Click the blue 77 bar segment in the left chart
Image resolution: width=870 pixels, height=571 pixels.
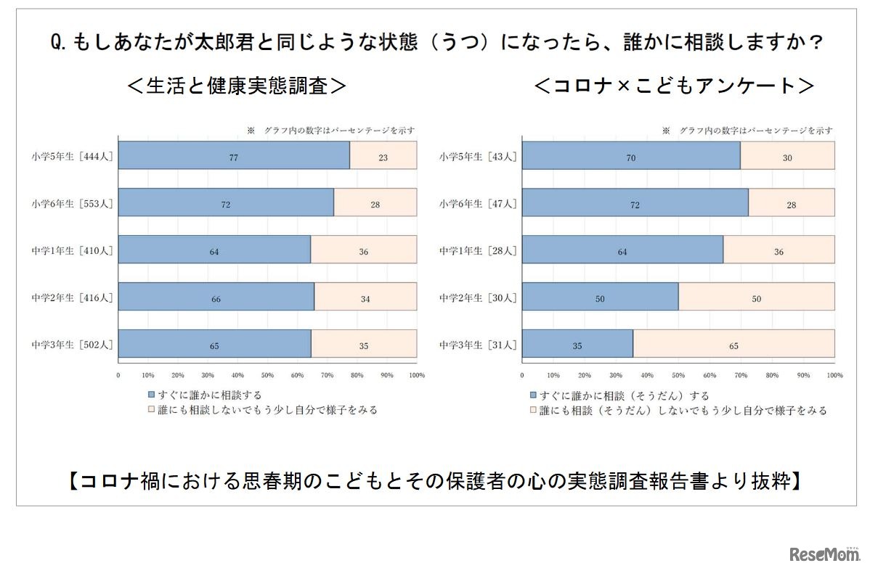point(234,155)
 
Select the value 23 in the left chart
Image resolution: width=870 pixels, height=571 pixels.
point(383,156)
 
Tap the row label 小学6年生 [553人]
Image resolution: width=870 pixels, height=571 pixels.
point(73,203)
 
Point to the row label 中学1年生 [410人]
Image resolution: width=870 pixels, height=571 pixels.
point(73,250)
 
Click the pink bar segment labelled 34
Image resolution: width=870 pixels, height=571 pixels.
point(365,297)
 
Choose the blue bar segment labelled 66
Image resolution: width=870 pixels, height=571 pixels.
point(216,297)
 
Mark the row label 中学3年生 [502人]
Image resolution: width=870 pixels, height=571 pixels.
point(73,345)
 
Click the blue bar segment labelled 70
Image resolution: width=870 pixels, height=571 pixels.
point(631,156)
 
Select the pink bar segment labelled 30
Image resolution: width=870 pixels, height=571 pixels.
point(787,156)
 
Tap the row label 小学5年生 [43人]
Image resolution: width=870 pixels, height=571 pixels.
point(479,156)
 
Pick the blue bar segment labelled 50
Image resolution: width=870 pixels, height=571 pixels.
point(600,297)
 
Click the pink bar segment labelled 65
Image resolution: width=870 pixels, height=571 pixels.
point(733,345)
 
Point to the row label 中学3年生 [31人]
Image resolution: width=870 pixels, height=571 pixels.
point(479,345)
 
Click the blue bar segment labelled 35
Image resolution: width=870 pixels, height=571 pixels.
point(577,345)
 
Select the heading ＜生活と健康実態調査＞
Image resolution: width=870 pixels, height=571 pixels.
point(237,86)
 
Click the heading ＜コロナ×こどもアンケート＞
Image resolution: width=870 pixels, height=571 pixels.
point(673,86)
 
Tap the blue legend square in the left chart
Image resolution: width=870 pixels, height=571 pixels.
point(151,395)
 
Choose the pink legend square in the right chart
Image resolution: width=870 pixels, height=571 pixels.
point(533,411)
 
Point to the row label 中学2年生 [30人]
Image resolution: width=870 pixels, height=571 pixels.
point(479,297)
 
